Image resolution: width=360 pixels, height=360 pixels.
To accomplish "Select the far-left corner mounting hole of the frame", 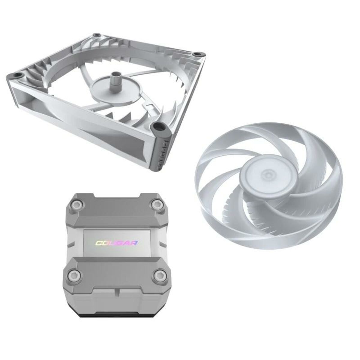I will pos(15,74).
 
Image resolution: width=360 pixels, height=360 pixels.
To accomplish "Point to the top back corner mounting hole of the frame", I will pos(97,35).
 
